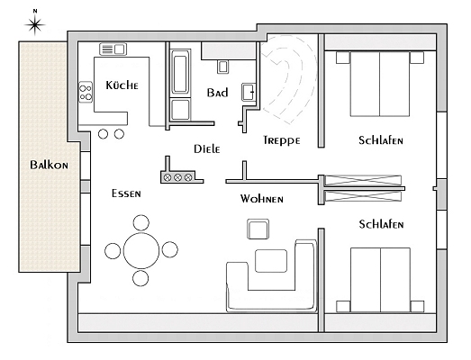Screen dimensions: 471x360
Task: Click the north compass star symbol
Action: pyautogui.click(x=35, y=24)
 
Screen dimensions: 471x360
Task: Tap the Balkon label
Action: pyautogui.click(x=49, y=165)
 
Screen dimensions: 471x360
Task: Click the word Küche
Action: pyautogui.click(x=122, y=85)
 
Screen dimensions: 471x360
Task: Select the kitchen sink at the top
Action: pyautogui.click(x=113, y=49)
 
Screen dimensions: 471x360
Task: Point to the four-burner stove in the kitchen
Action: pyautogui.click(x=86, y=93)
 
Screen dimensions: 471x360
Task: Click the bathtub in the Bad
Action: pyautogui.click(x=180, y=73)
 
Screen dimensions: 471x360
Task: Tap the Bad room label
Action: pyautogui.click(x=217, y=93)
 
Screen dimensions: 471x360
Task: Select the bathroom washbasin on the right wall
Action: pyautogui.click(x=249, y=92)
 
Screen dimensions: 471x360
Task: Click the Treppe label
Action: pyautogui.click(x=282, y=140)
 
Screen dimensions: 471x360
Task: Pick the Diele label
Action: pyautogui.click(x=206, y=148)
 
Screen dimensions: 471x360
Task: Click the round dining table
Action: pyautogui.click(x=141, y=250)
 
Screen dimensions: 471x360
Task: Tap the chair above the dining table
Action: pyautogui.click(x=140, y=223)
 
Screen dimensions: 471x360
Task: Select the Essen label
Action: pyautogui.click(x=126, y=193)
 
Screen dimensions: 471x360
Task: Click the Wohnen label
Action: pyautogui.click(x=262, y=199)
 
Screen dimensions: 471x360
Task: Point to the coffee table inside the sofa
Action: pyautogui.click(x=271, y=261)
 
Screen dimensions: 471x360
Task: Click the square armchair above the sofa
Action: pyautogui.click(x=258, y=229)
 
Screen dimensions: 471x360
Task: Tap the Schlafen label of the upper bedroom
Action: pyautogui.click(x=381, y=140)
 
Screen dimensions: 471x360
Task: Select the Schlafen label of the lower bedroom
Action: pyautogui.click(x=381, y=224)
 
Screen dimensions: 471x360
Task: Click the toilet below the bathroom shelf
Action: pyautogui.click(x=222, y=67)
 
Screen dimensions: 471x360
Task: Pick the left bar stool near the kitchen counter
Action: pyautogui.click(x=103, y=134)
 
